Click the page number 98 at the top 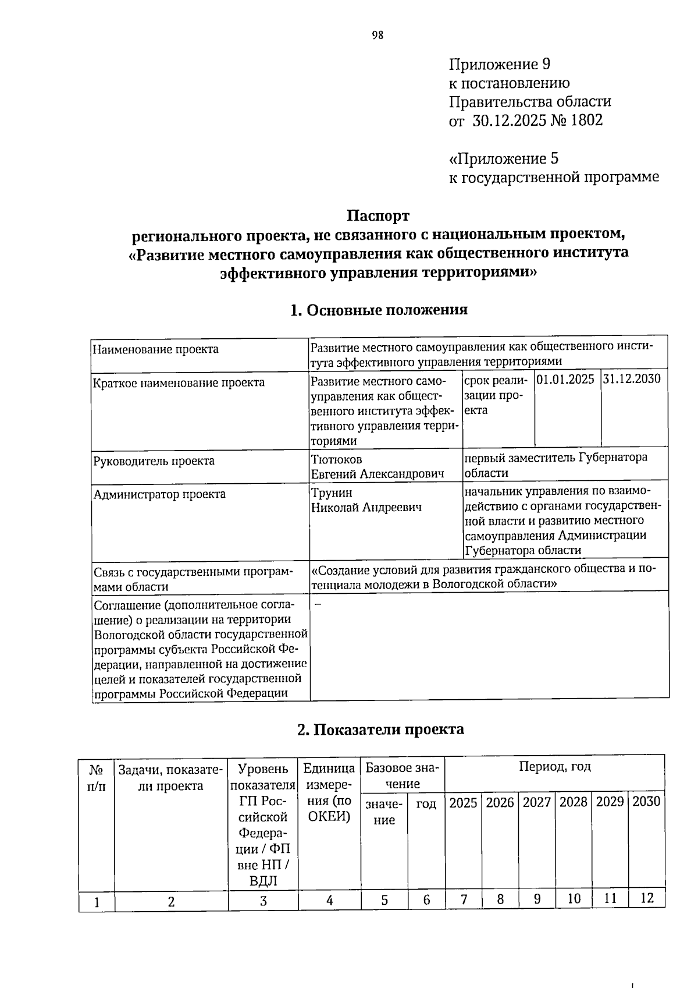(x=378, y=36)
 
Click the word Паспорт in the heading (x=378, y=216)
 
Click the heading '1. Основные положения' (x=378, y=310)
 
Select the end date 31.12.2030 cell (x=632, y=380)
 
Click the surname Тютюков (x=336, y=460)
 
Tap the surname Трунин (x=332, y=493)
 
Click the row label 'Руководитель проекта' (x=154, y=461)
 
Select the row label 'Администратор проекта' (x=159, y=494)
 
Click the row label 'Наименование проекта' (x=155, y=349)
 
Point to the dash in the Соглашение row (x=318, y=604)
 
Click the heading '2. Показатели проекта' (x=380, y=730)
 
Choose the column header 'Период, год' (x=554, y=767)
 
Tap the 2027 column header (x=536, y=802)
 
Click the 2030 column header (x=646, y=802)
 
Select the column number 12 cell (x=647, y=898)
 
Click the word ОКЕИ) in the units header (x=329, y=816)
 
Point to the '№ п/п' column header (x=97, y=778)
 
